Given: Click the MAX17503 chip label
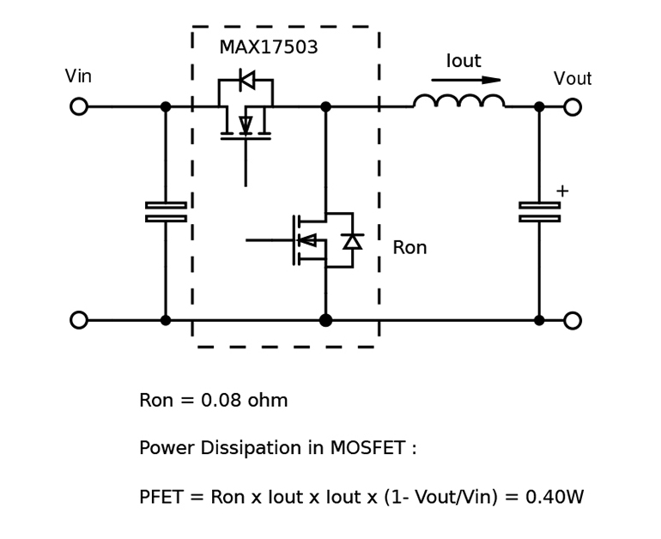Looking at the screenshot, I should (268, 48).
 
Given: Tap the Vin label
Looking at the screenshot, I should (78, 77).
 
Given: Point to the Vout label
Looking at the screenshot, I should (572, 80).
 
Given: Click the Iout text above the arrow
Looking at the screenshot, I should (463, 62).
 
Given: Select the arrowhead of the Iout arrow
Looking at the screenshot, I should (491, 81).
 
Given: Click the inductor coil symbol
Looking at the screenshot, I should (458, 102).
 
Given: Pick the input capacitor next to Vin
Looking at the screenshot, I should (166, 212).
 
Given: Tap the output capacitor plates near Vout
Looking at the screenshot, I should (539, 212).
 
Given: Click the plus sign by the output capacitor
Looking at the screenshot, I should (562, 191).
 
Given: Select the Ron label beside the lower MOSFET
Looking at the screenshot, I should (409, 249).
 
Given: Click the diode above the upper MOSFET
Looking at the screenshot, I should (246, 81).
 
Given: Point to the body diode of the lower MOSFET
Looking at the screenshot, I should (352, 241).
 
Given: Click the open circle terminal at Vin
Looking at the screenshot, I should (79, 107).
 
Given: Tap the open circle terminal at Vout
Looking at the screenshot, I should (573, 107).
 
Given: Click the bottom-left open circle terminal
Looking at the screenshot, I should (79, 320).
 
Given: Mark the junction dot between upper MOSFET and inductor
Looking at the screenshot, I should (325, 107).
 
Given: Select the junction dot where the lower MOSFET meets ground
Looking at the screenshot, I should (325, 320).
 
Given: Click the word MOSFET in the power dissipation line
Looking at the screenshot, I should (369, 449).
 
